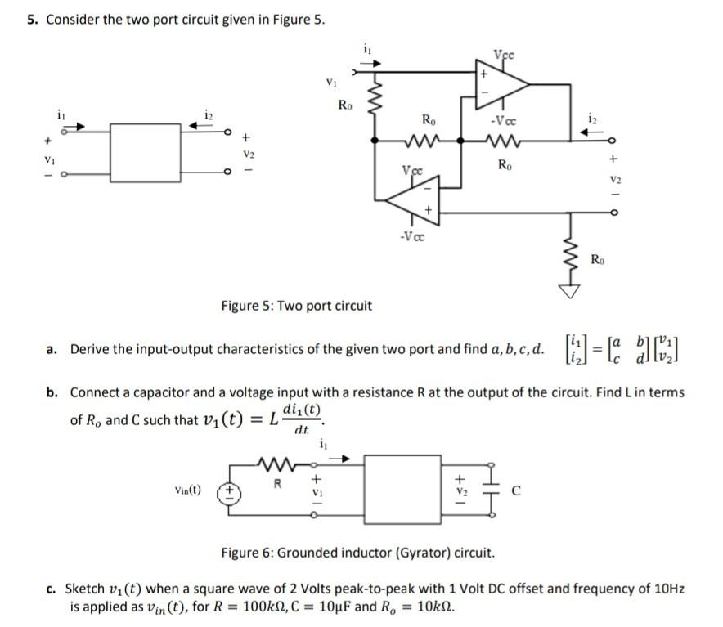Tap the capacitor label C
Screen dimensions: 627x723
[514, 492]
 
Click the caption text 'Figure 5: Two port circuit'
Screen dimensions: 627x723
[296, 307]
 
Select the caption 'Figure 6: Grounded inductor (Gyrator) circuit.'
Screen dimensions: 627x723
[357, 553]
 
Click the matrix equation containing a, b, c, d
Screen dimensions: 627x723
[621, 349]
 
